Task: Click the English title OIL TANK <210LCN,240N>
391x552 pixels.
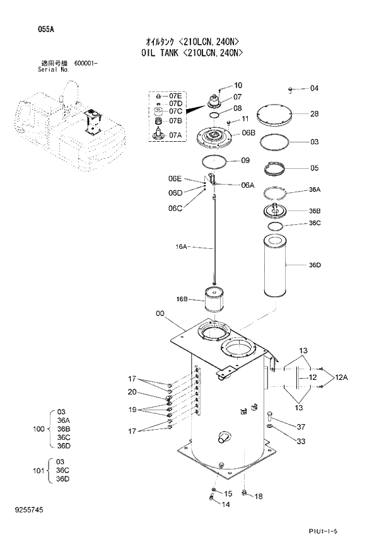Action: point(195,54)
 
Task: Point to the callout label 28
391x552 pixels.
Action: point(314,114)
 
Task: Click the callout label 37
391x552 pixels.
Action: point(301,427)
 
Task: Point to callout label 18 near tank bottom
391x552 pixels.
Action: point(258,497)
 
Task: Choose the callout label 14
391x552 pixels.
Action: point(226,505)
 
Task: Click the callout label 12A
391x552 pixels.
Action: point(341,377)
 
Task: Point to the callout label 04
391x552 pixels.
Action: point(314,88)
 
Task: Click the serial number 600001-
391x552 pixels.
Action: point(86,64)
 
